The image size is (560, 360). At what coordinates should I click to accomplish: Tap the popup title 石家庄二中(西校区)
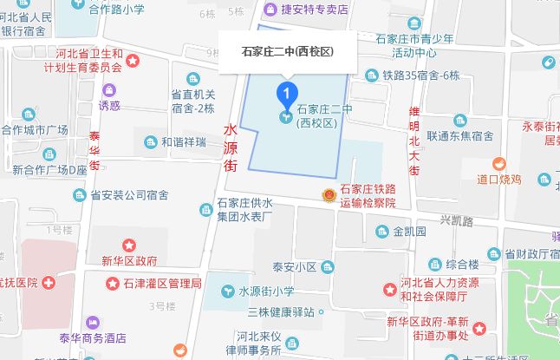(x=287, y=51)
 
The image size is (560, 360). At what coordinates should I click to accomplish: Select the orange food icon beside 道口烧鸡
(x=499, y=164)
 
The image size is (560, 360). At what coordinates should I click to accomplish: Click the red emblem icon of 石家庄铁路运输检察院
(x=329, y=196)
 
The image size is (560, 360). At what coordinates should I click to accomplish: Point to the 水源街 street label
(x=231, y=147)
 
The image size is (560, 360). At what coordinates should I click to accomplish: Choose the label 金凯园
(x=409, y=232)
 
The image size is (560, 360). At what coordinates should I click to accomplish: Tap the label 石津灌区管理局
(x=161, y=283)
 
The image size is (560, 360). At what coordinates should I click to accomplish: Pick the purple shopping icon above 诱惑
(x=109, y=89)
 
